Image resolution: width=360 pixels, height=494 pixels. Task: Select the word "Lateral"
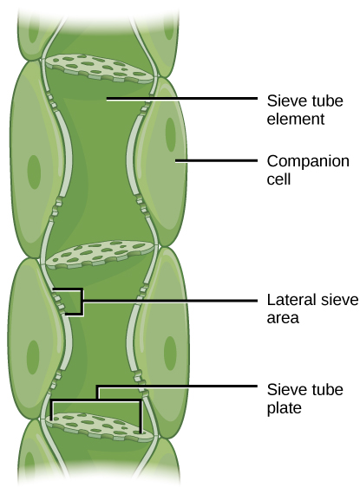[287, 302]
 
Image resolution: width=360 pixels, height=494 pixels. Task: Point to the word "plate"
[284, 405]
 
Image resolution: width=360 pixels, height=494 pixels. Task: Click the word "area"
[281, 319]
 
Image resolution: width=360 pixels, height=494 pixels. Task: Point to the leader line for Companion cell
[217, 160]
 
